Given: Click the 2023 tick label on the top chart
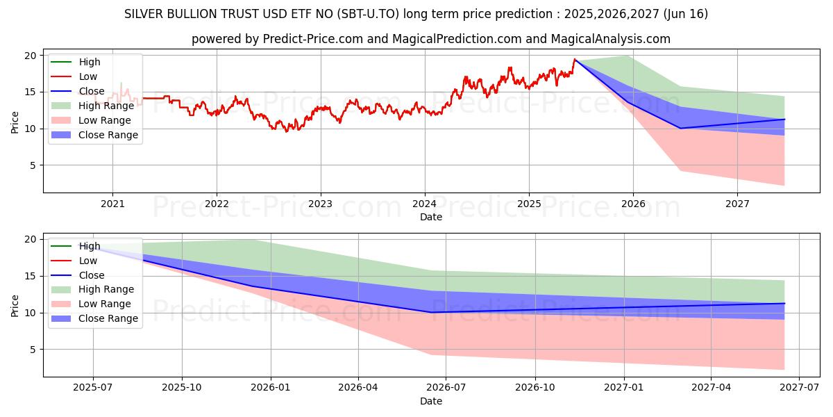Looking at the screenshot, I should (x=320, y=204).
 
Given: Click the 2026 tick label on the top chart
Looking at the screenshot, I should (x=632, y=204).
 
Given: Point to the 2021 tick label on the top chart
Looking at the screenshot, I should (x=112, y=204).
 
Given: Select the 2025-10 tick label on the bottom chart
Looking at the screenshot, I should (x=182, y=388).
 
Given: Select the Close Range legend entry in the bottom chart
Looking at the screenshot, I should (x=108, y=318).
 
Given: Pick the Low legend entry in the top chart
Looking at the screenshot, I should (x=88, y=76).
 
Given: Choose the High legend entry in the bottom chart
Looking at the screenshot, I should (x=90, y=245).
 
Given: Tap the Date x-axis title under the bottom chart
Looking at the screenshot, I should (x=430, y=401).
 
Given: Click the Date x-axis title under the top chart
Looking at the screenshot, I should (x=430, y=217).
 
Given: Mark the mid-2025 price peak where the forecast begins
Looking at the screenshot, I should (x=575, y=59).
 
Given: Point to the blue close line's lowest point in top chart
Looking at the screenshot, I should (x=680, y=128).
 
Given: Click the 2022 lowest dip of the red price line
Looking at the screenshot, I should (x=286, y=131).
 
